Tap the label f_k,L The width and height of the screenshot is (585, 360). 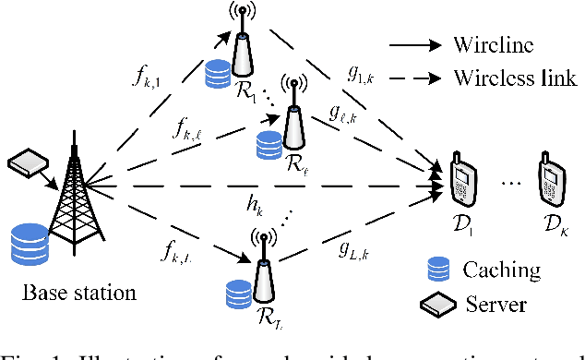[x=156, y=251]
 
